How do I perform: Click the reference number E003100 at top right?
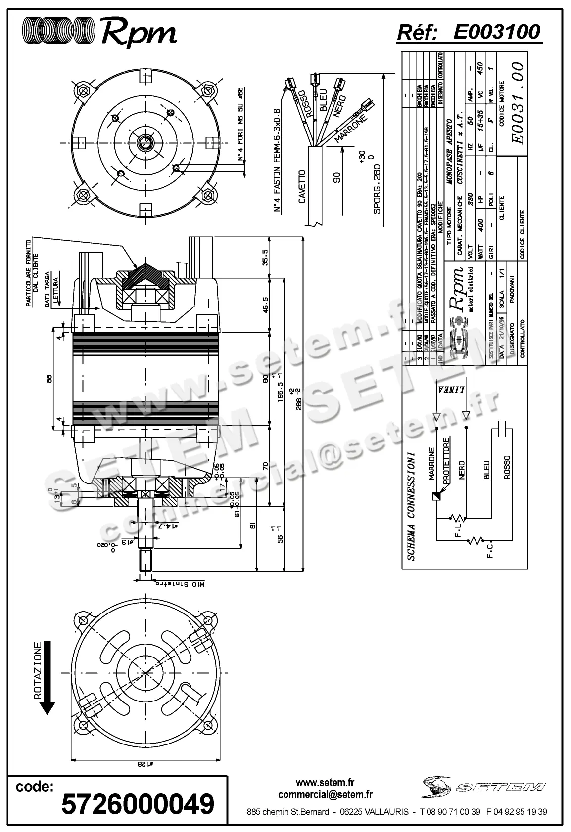coord(496,32)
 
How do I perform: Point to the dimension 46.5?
coord(265,305)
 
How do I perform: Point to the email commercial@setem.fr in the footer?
coord(325,795)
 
